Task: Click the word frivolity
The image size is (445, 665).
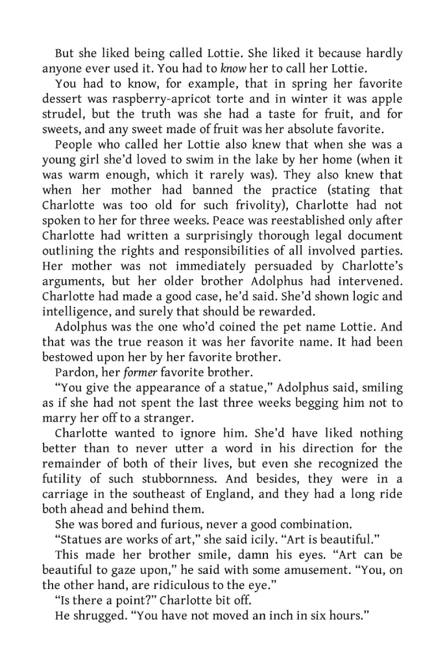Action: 242,205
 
